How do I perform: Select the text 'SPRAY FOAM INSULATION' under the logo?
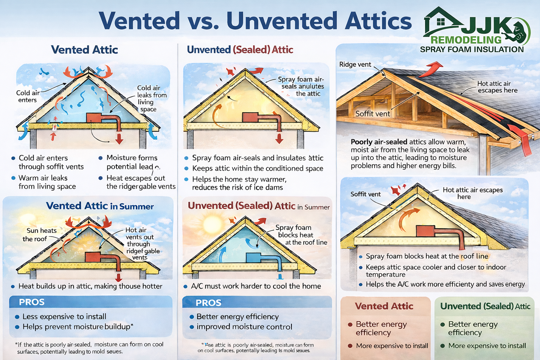(472, 50)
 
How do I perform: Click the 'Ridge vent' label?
(355, 64)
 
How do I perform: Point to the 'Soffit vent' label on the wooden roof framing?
(373, 114)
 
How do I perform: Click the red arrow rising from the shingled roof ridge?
(431, 69)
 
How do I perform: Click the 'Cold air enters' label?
(28, 96)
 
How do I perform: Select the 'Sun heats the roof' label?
(39, 234)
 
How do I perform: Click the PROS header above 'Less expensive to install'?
(32, 302)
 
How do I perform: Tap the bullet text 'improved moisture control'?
(244, 327)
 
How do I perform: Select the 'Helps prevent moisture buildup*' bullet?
(78, 327)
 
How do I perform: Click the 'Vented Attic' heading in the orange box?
(384, 306)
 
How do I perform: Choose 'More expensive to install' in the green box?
(487, 346)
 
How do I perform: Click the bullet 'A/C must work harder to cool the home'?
(256, 286)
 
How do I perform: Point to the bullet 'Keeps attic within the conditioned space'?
(257, 168)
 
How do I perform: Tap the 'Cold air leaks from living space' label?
(152, 98)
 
